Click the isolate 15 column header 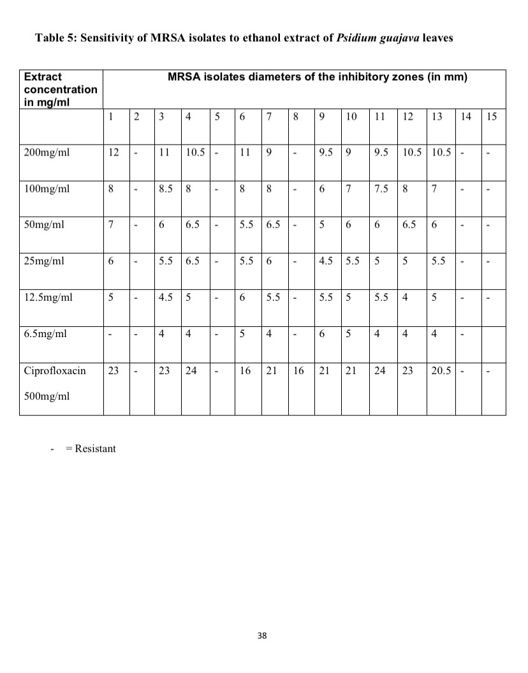[492, 117]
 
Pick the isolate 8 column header [296, 117]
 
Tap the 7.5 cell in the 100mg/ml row [381, 189]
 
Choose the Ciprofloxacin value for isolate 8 [298, 370]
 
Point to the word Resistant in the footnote [95, 449]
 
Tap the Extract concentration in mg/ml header [61, 89]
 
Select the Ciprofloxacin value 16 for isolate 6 [245, 370]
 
